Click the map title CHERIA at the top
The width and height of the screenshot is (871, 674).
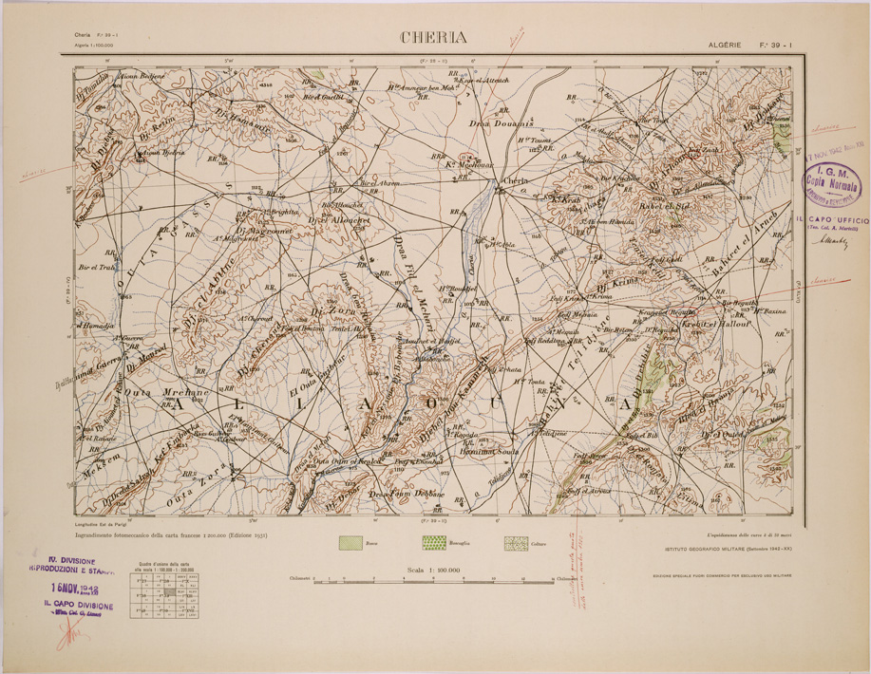[436, 39]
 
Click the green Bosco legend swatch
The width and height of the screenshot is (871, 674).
[353, 544]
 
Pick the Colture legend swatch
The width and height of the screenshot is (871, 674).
[516, 544]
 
